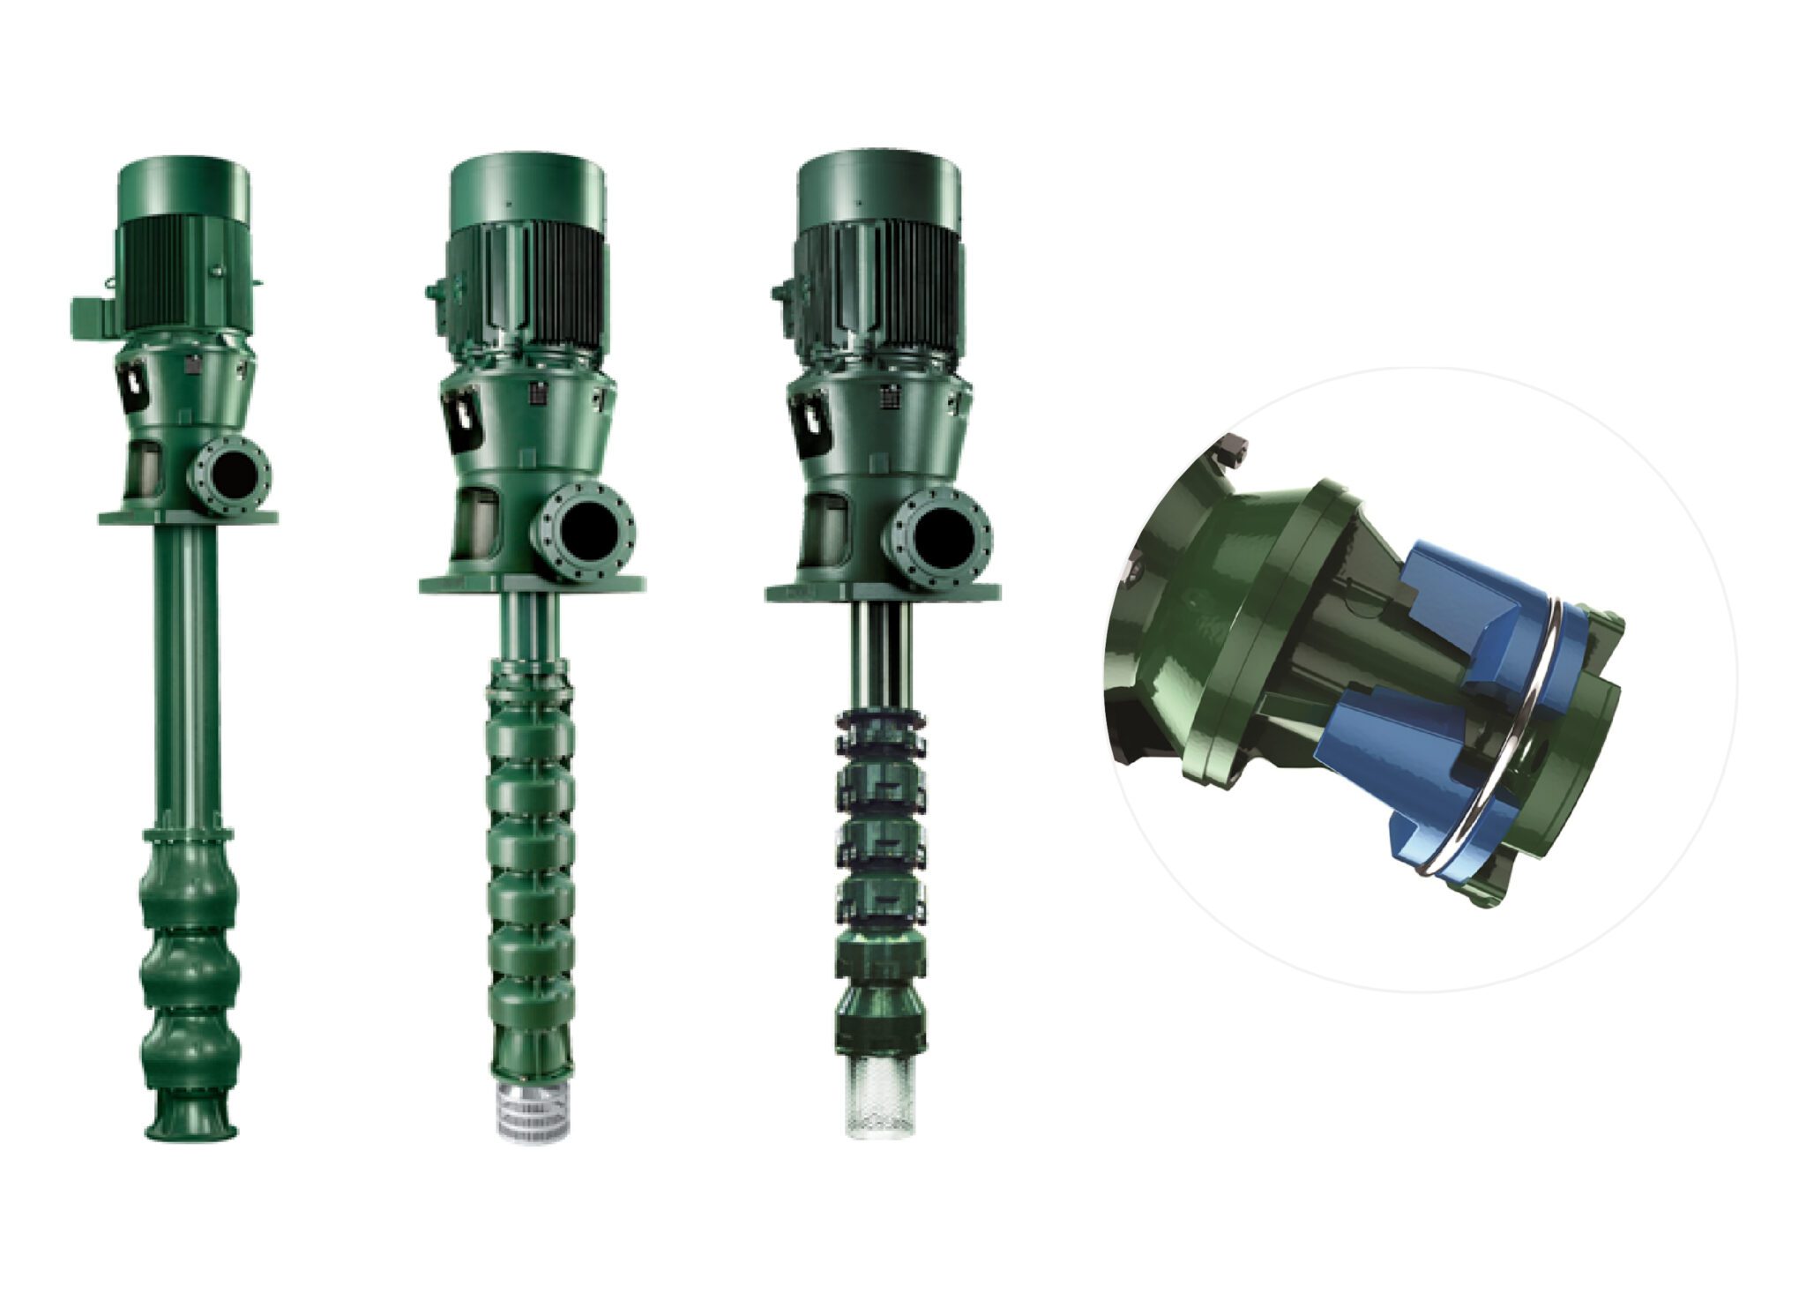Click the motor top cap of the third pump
[x=875, y=183]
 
